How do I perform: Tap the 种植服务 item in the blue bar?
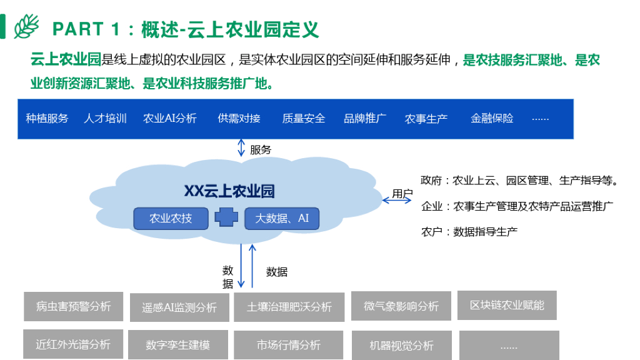(x=47, y=118)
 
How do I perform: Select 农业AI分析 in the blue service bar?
(x=170, y=118)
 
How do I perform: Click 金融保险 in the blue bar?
(x=492, y=118)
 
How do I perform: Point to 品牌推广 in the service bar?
(x=365, y=118)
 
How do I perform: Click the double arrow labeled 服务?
(x=241, y=148)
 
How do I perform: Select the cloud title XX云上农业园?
(x=229, y=191)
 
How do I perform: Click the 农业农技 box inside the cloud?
(x=171, y=219)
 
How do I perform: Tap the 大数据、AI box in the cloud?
(x=282, y=219)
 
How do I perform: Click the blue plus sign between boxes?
(x=226, y=218)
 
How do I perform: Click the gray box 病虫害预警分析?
(x=73, y=306)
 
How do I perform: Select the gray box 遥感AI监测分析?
(x=179, y=307)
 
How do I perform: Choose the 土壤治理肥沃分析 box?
(x=289, y=307)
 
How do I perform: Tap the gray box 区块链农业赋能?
(x=507, y=305)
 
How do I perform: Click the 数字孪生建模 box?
(x=178, y=345)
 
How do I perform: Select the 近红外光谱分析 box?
(x=73, y=344)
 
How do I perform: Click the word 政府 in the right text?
(x=431, y=181)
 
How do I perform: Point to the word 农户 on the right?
(x=431, y=232)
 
